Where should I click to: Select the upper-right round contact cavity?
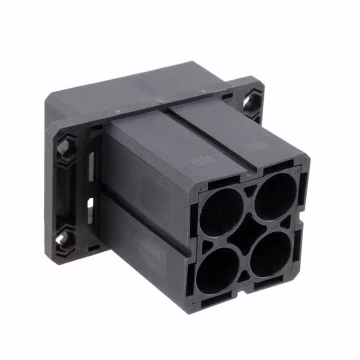coord(275,195)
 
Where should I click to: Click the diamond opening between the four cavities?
coord(246,229)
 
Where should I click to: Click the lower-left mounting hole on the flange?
coord(63,240)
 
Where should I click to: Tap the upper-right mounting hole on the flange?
coord(253,102)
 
